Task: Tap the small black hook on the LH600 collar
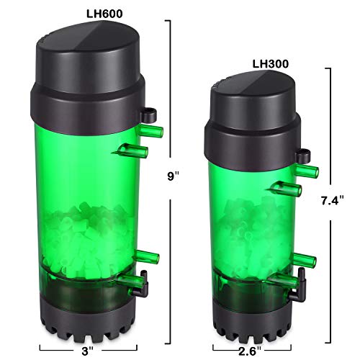[149, 112]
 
